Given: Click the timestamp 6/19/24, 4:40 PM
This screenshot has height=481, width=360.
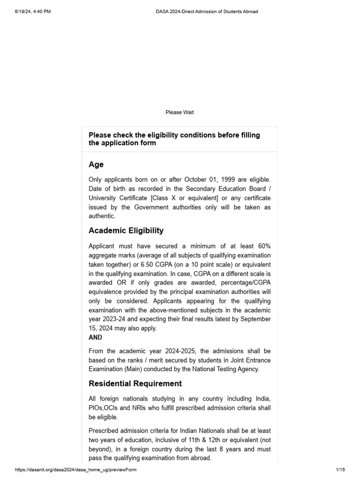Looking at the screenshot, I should pos(33,12).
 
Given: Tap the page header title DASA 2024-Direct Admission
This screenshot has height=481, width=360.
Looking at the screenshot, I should pos(206,12).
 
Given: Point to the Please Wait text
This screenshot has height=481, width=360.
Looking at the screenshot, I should pos(180,112).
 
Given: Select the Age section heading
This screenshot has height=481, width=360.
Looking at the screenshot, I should pos(96,164).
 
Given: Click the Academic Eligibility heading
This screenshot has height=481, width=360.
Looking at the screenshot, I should pos(126,230).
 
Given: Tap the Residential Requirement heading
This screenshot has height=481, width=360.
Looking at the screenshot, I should pos(135,383).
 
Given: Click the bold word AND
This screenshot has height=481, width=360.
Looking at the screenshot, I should pos(95,337).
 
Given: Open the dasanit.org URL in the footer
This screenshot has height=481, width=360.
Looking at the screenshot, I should pos(76,470).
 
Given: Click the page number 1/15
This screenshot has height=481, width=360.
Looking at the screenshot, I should pos(340,470).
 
